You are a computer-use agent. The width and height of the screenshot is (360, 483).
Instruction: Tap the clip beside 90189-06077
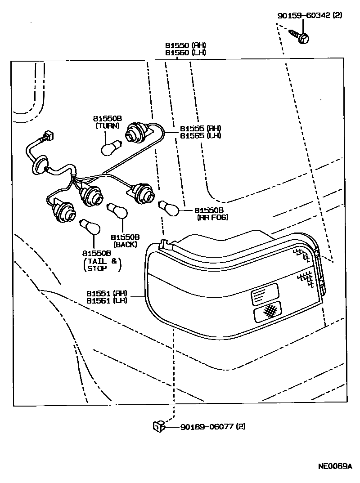[158, 425]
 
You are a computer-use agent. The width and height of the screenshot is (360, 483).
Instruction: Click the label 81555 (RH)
[200, 128]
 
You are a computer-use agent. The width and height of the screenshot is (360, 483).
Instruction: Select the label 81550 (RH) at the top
[185, 45]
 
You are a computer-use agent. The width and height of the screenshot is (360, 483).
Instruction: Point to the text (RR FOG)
[212, 218]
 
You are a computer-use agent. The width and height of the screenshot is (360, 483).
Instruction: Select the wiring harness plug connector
[49, 134]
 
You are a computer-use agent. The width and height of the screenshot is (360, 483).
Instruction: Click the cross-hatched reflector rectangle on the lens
[269, 311]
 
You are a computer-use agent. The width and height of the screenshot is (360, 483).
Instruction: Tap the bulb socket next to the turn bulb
[137, 132]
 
